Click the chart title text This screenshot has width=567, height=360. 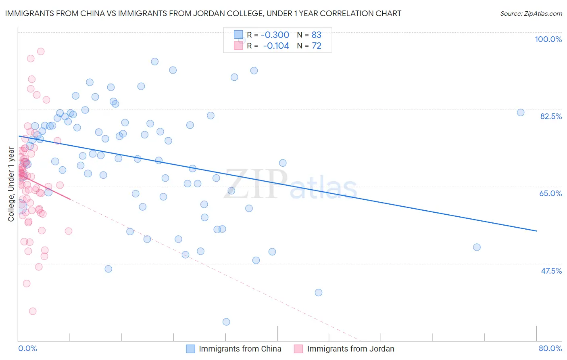coord(203,13)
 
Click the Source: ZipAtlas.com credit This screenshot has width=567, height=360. coord(531,14)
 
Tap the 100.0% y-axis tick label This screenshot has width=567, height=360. coord(548,39)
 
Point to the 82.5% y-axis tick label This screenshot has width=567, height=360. coord(551,116)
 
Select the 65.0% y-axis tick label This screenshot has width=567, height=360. coord(550,193)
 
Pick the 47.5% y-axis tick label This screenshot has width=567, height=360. coord(551,271)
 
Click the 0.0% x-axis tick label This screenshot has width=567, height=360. coord(27,348)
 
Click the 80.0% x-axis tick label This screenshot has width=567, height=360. coord(550,348)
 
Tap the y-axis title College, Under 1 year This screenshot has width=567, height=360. coord(11,184)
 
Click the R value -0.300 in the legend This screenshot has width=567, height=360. coord(275,35)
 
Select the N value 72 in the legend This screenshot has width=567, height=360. coord(317,46)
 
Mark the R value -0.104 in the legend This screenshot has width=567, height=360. coord(276,46)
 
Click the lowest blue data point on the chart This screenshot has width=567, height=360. coord(226,322)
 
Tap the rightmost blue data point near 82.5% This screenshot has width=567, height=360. coord(521,113)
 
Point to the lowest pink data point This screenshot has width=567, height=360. coord(33,311)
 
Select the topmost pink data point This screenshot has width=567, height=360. coord(41,51)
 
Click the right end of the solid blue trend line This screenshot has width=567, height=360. coord(536,231)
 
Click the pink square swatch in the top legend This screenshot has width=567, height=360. coord(238,46)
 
